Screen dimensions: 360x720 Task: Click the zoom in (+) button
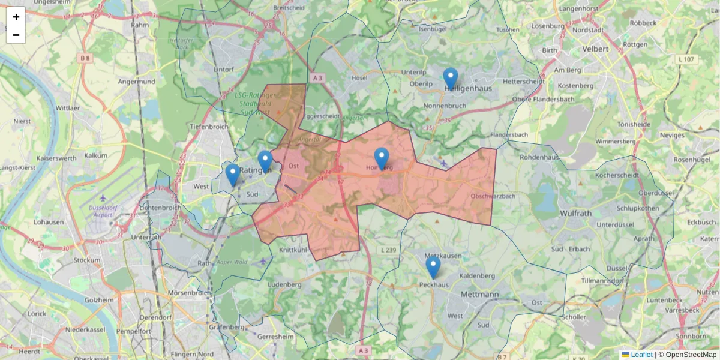tap(16, 17)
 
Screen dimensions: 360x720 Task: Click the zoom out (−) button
tap(16, 35)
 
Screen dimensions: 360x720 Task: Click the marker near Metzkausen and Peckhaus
tap(433, 268)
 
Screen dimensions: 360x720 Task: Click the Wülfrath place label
tap(575, 213)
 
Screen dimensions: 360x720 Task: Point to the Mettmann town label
tap(480, 295)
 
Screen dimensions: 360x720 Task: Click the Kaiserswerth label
tap(56, 158)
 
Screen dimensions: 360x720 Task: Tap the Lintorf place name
tap(223, 70)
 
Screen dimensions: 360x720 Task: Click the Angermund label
tap(136, 81)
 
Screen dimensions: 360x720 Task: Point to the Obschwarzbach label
tap(493, 196)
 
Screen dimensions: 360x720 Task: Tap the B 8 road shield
tap(85, 58)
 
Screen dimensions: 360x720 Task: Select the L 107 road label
tap(686, 59)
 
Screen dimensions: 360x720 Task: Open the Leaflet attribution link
tap(641, 355)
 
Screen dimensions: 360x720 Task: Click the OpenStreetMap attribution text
tap(691, 355)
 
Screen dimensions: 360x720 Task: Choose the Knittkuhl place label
tap(293, 249)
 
